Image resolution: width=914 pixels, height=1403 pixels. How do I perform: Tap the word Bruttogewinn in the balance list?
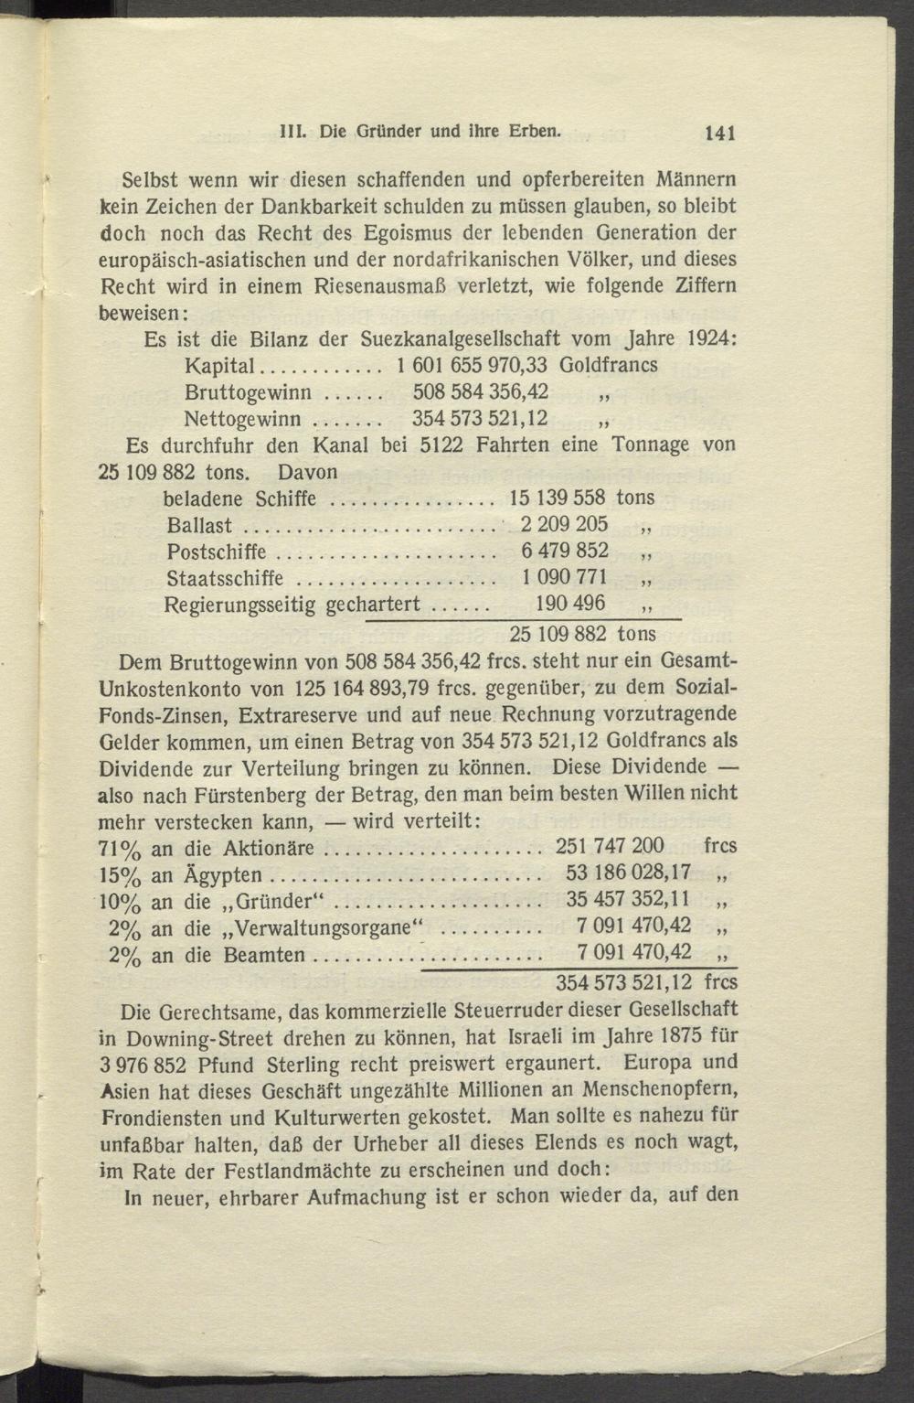(248, 393)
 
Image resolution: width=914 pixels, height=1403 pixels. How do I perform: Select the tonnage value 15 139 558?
(558, 498)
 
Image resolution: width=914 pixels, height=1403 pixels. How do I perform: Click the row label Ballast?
(199, 526)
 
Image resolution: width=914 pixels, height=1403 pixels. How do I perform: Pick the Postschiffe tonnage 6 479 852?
(564, 552)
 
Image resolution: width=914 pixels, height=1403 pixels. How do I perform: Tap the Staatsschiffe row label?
(225, 579)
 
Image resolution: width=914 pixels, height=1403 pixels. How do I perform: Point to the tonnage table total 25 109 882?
(558, 633)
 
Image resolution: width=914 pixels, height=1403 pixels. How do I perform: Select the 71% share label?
(119, 848)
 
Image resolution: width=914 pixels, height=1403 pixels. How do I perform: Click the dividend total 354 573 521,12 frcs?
(646, 983)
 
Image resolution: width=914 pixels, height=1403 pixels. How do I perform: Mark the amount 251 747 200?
(610, 846)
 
